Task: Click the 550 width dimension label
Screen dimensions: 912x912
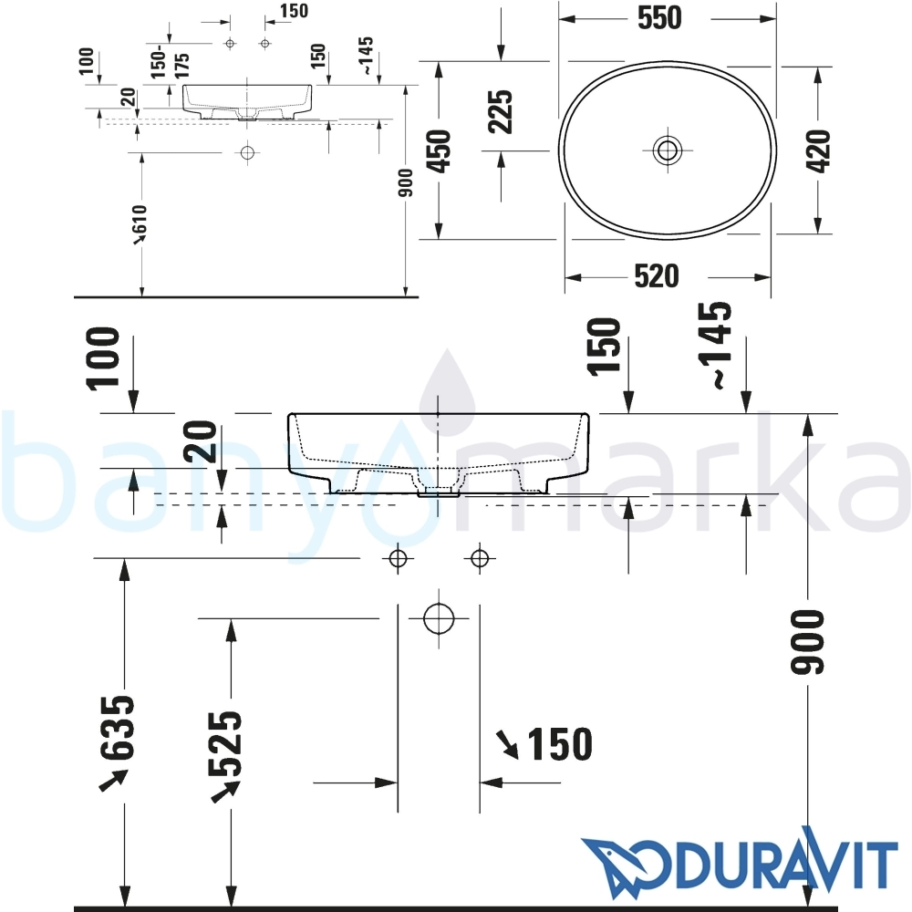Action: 659,18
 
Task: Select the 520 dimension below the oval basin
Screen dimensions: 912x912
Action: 656,276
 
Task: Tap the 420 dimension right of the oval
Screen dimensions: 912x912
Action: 818,151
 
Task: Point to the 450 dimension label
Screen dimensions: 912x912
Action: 440,151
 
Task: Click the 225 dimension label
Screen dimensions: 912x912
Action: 500,111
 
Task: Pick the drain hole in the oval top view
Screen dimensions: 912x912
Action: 668,150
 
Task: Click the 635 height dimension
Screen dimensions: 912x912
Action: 117,727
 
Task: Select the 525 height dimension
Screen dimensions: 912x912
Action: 224,744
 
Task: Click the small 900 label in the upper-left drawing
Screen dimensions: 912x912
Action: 406,182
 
